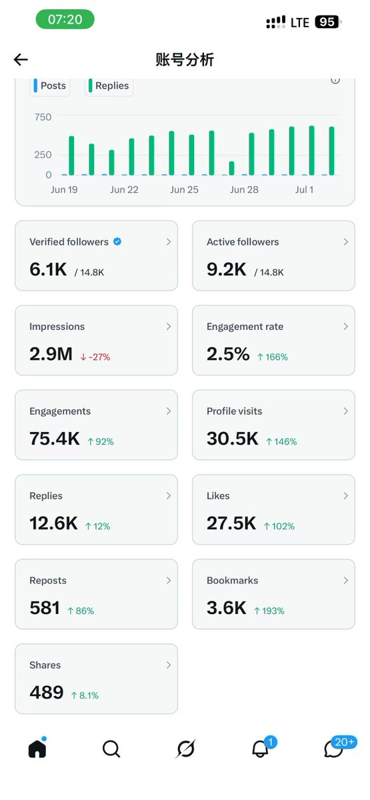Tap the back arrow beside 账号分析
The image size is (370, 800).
[21, 59]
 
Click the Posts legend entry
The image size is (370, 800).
[50, 86]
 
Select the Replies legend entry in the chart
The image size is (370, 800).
[109, 86]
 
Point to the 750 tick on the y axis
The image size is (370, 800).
[43, 117]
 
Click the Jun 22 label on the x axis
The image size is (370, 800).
[124, 189]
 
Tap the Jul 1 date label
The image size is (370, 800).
[304, 189]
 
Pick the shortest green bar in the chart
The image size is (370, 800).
[231, 168]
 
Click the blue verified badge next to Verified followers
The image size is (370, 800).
[117, 242]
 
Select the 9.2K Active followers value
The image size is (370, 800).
[227, 269]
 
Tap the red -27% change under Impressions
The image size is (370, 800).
[95, 357]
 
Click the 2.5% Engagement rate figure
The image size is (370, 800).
[228, 354]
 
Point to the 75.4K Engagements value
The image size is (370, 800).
[54, 439]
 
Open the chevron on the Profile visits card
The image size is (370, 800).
[346, 411]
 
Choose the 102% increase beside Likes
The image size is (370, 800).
[279, 526]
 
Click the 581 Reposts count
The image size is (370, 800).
[45, 608]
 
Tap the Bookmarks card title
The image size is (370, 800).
[232, 581]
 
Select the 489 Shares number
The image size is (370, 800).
[47, 693]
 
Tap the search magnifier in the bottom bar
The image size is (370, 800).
[111, 749]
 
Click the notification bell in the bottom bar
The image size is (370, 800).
[261, 748]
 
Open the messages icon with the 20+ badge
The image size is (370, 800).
[333, 749]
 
